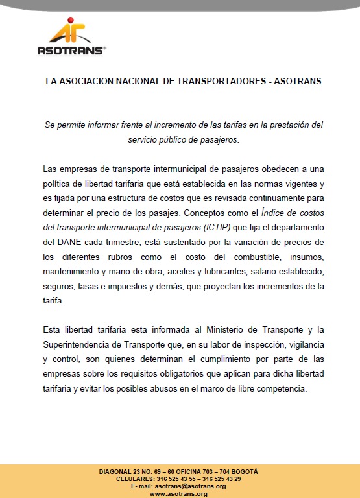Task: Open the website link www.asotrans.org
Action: [x=178, y=493]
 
